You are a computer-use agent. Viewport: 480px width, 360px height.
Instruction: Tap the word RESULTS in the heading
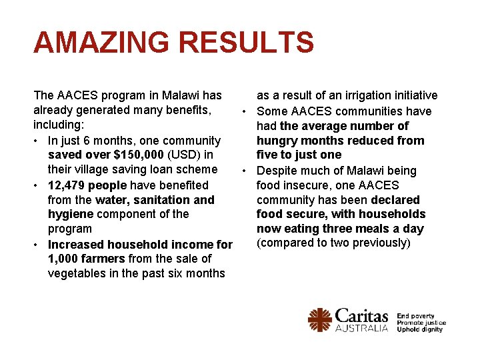(246, 43)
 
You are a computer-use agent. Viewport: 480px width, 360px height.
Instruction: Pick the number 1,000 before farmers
(63, 259)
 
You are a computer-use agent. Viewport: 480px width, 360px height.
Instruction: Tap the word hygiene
(71, 214)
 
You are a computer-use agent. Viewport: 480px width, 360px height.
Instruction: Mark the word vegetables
(78, 273)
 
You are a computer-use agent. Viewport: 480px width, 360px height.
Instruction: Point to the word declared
(395, 200)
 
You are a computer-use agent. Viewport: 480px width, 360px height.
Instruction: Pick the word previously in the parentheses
(379, 243)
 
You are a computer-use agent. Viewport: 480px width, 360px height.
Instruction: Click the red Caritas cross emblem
(319, 320)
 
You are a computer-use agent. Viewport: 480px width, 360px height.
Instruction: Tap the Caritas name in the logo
(361, 315)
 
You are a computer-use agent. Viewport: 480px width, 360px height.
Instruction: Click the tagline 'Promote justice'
(421, 323)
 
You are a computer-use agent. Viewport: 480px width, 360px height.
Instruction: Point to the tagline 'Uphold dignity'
(420, 329)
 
